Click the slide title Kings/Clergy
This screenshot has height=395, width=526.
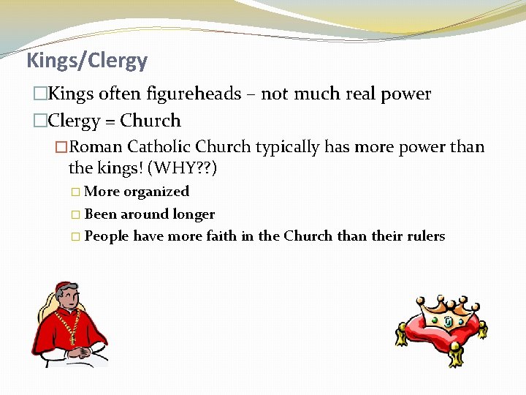[87, 60]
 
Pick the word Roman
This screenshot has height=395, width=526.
[96, 147]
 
